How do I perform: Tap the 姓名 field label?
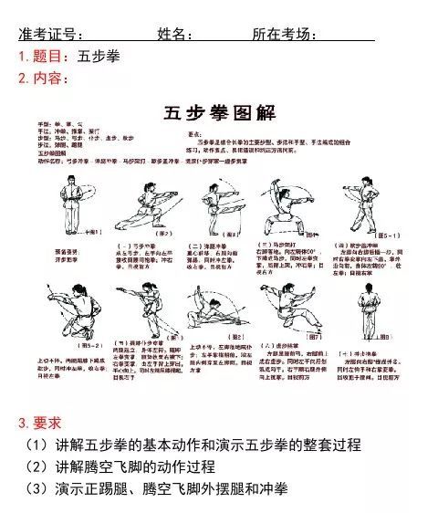(x=174, y=35)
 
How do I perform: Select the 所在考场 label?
(x=285, y=35)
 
